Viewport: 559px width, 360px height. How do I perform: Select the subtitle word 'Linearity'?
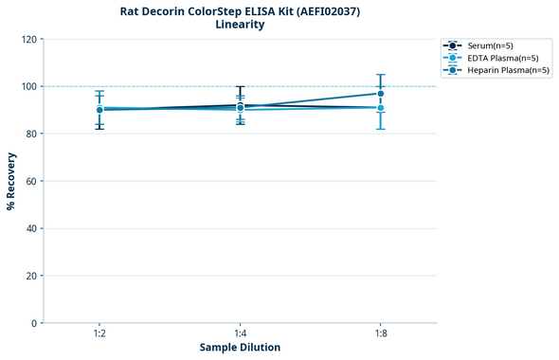(x=240, y=25)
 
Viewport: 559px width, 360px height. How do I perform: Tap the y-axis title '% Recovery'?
(x=11, y=181)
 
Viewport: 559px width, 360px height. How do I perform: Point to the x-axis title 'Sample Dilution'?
(x=240, y=348)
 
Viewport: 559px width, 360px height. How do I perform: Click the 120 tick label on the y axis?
(x=29, y=40)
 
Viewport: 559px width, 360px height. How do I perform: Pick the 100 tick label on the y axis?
(x=29, y=87)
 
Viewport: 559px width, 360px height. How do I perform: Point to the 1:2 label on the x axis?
(x=99, y=333)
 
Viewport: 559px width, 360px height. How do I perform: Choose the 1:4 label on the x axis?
(x=240, y=333)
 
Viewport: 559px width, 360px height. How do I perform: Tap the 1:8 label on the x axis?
(x=380, y=333)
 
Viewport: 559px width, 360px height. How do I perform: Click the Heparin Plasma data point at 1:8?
(x=380, y=94)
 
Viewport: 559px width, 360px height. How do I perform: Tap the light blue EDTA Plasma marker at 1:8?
(x=380, y=108)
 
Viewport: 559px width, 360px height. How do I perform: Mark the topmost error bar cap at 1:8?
(x=380, y=75)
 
